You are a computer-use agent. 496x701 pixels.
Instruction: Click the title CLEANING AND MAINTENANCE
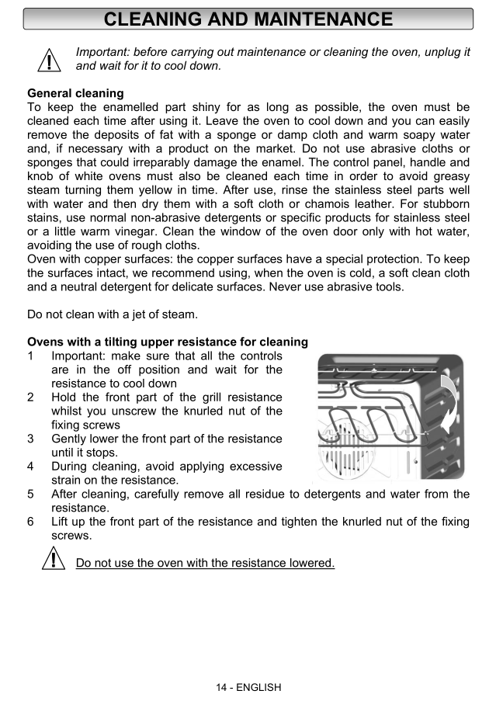(248, 19)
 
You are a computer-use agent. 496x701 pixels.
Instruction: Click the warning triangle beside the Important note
(48, 59)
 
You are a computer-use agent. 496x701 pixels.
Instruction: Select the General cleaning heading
(75, 93)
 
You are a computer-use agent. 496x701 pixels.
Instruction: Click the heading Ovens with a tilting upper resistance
(168, 342)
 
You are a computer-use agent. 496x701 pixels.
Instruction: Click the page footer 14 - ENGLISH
(248, 687)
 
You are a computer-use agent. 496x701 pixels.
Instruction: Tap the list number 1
(30, 356)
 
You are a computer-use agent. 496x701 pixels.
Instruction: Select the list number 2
(30, 397)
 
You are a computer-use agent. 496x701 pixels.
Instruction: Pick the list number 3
(30, 439)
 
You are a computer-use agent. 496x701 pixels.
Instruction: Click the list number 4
(30, 467)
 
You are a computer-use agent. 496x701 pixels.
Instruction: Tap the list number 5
(30, 494)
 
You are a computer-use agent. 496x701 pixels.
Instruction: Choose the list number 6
(30, 522)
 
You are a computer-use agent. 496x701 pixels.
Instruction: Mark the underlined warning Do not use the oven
(205, 563)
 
